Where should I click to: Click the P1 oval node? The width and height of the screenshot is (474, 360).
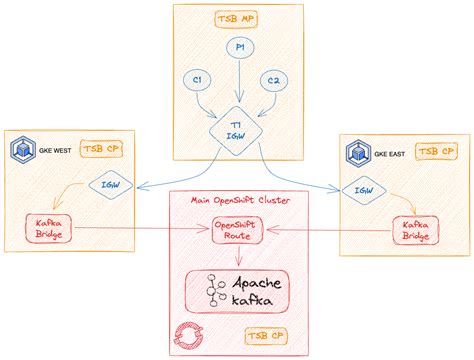pos(240,49)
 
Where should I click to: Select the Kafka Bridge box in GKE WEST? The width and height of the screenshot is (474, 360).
pos(49,225)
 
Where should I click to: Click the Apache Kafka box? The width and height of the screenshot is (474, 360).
pos(237,290)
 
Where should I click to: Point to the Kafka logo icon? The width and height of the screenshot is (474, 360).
pos(213,290)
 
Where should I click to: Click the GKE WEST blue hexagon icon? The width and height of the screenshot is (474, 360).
pos(23,149)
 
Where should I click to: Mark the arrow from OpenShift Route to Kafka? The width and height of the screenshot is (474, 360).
pos(237,256)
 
